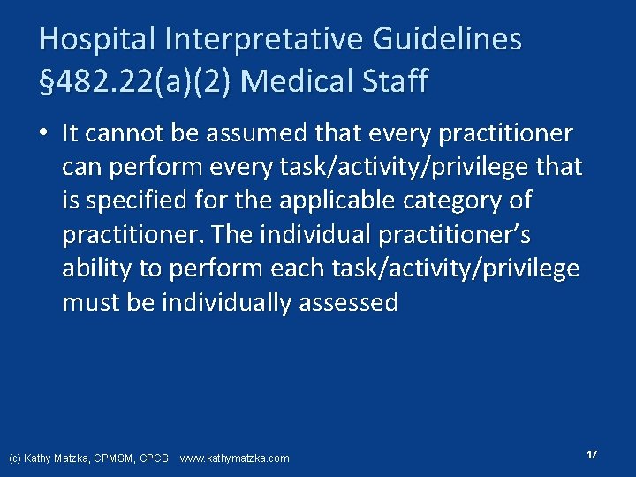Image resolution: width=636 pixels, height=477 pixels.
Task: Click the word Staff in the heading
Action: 395,81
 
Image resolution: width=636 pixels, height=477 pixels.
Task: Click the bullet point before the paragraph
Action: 43,134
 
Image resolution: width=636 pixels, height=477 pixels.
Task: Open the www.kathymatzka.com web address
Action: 234,458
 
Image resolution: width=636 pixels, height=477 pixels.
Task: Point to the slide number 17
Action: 592,454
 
